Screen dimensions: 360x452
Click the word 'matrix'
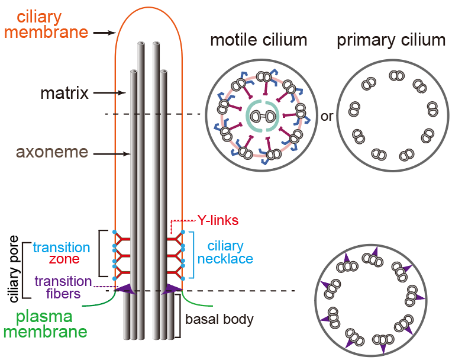pyautogui.click(x=64, y=93)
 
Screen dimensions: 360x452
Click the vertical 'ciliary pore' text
pyautogui.click(x=15, y=269)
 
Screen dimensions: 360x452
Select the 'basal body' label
pyautogui.click(x=219, y=320)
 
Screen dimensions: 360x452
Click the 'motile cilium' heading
pyautogui.click(x=259, y=41)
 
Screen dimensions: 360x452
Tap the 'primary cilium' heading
pyautogui.click(x=391, y=41)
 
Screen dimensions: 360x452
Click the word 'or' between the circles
pyautogui.click(x=327, y=116)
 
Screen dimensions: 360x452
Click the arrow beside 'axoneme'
pyautogui.click(x=113, y=154)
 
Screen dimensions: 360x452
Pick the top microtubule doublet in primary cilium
pyautogui.click(x=396, y=76)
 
